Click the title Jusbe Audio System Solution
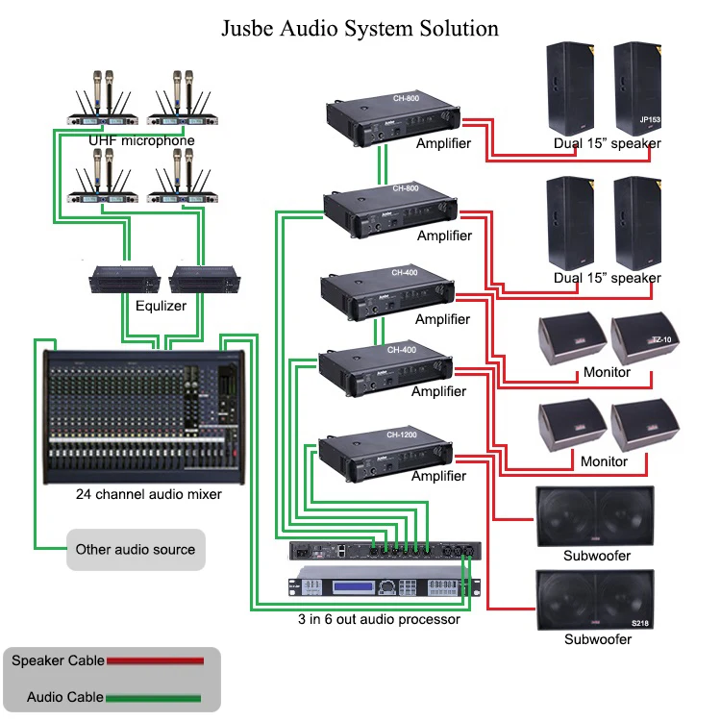(360, 28)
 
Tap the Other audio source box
(136, 550)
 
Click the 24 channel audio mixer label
(149, 494)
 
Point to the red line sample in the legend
(155, 661)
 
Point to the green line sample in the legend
(154, 698)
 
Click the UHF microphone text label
(141, 141)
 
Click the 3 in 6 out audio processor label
(379, 619)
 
